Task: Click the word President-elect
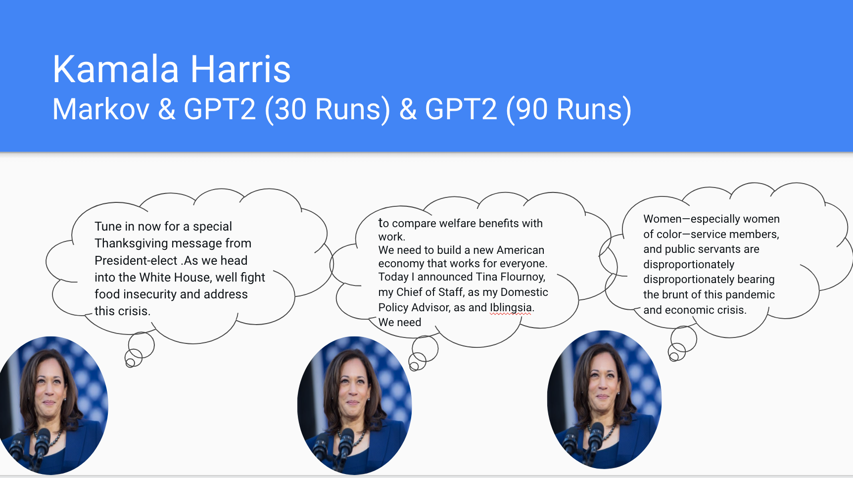point(136,260)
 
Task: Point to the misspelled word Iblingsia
point(511,307)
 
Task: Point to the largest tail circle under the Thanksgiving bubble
point(142,345)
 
